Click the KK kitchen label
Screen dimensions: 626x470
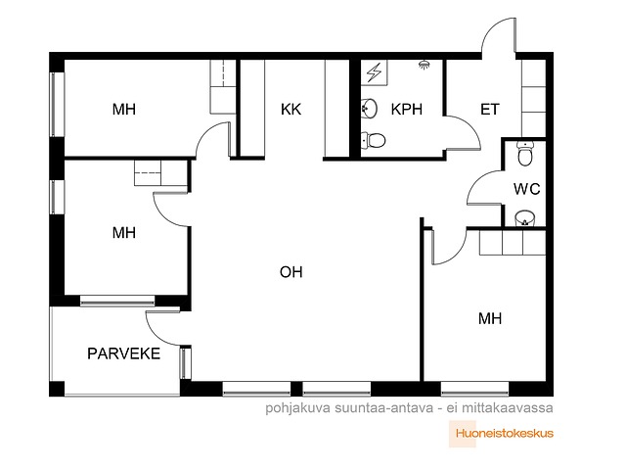coord(291,109)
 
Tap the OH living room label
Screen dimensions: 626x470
coord(291,272)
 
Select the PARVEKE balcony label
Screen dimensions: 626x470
coord(124,353)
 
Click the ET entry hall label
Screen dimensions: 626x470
coord(489,109)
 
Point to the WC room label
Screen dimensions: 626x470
coord(527,189)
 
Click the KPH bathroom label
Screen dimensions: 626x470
coord(407,109)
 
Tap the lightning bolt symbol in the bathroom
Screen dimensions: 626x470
coord(374,72)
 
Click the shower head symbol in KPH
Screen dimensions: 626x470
coord(425,65)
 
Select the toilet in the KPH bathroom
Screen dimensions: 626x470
coord(374,140)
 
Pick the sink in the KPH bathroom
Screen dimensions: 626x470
coord(370,108)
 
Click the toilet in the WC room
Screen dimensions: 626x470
coord(524,153)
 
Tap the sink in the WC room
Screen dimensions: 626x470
coord(524,218)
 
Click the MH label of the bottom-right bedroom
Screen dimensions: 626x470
coord(490,318)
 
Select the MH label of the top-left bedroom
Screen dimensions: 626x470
coord(124,109)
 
